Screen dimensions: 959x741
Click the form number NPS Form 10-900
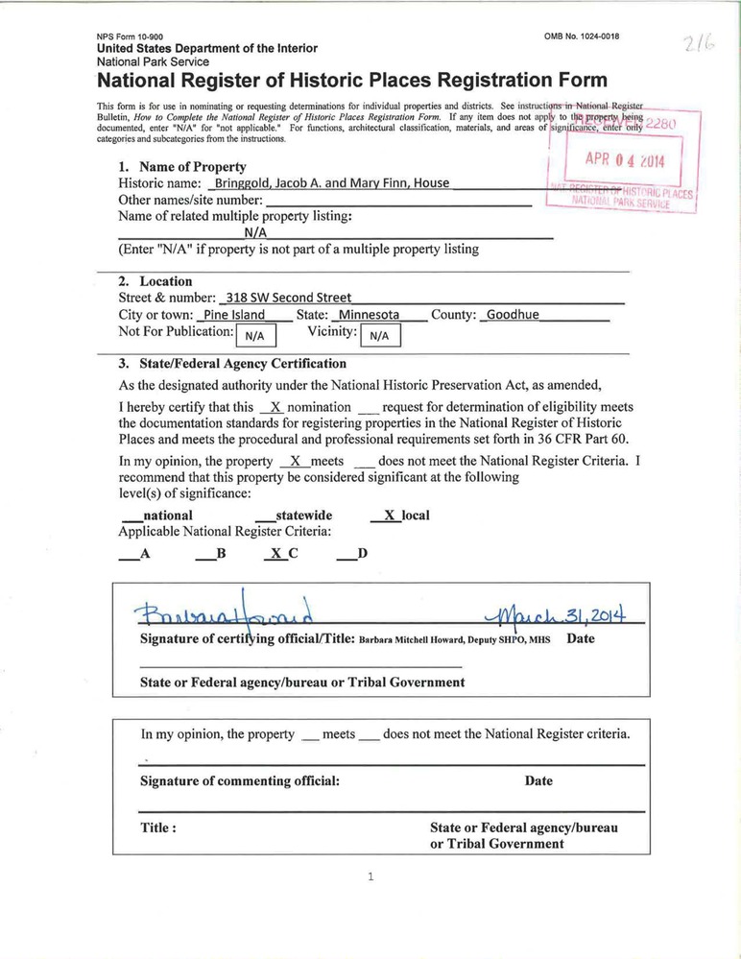(130, 36)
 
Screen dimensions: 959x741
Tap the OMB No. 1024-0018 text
(582, 36)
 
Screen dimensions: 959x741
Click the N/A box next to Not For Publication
(254, 335)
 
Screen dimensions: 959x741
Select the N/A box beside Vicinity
(379, 335)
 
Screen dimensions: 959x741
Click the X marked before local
(390, 515)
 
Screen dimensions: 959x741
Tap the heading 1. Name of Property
(182, 167)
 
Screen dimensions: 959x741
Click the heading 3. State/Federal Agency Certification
(232, 364)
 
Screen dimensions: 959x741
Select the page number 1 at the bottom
(370, 875)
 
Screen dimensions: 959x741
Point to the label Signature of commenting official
(240, 780)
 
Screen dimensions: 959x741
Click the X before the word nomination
(274, 407)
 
